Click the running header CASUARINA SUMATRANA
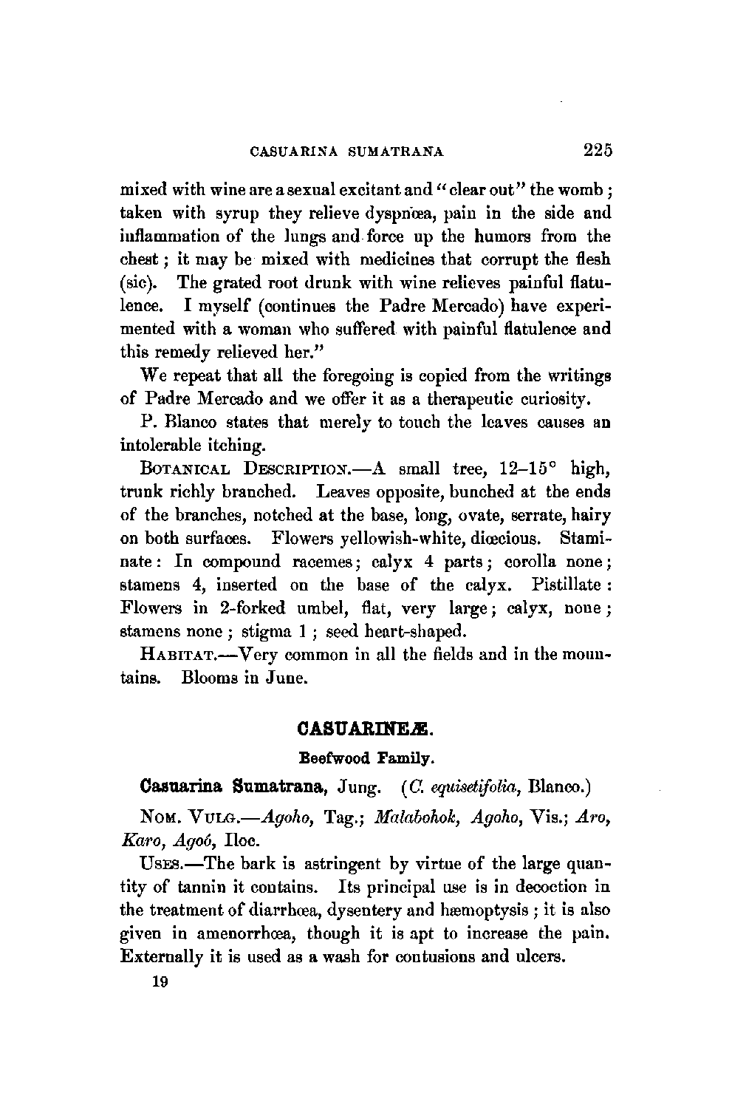click(347, 152)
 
